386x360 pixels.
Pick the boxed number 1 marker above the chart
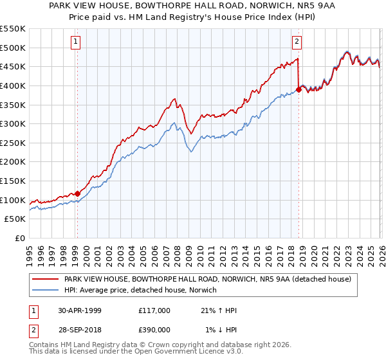point(76,42)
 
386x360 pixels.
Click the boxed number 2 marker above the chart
point(297,42)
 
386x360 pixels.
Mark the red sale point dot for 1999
point(78,193)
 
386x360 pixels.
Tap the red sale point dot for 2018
point(299,89)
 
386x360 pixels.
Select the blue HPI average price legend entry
point(140,291)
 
